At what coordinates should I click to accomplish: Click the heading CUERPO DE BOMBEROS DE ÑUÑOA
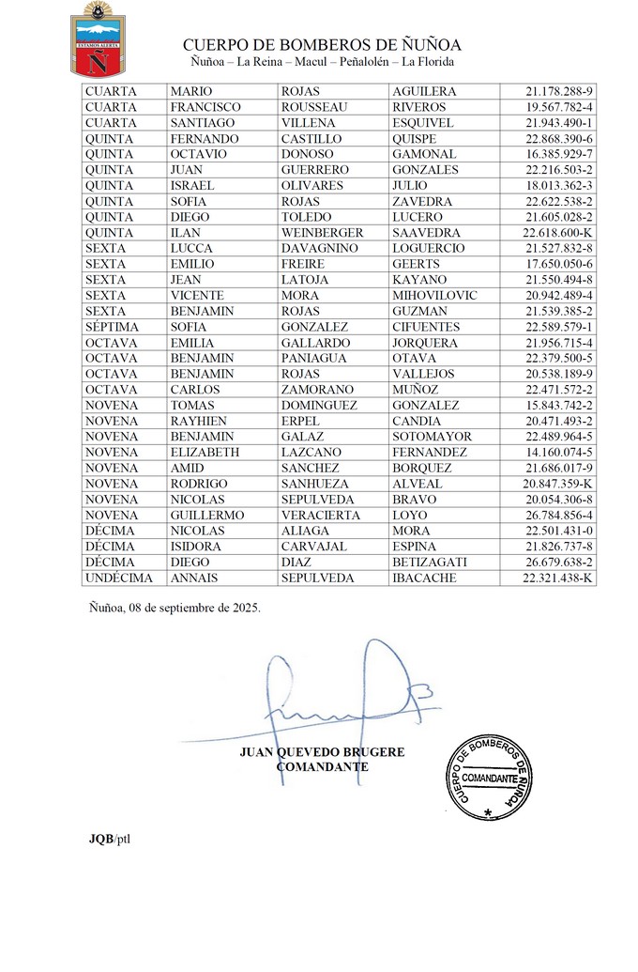click(x=322, y=45)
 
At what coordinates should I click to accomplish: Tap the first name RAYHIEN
click(x=199, y=421)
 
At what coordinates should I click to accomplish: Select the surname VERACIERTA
click(x=324, y=516)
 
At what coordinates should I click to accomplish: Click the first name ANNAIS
click(x=195, y=579)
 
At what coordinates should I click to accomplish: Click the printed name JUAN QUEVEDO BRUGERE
click(x=322, y=751)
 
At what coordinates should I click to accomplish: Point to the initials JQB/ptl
click(x=104, y=838)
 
